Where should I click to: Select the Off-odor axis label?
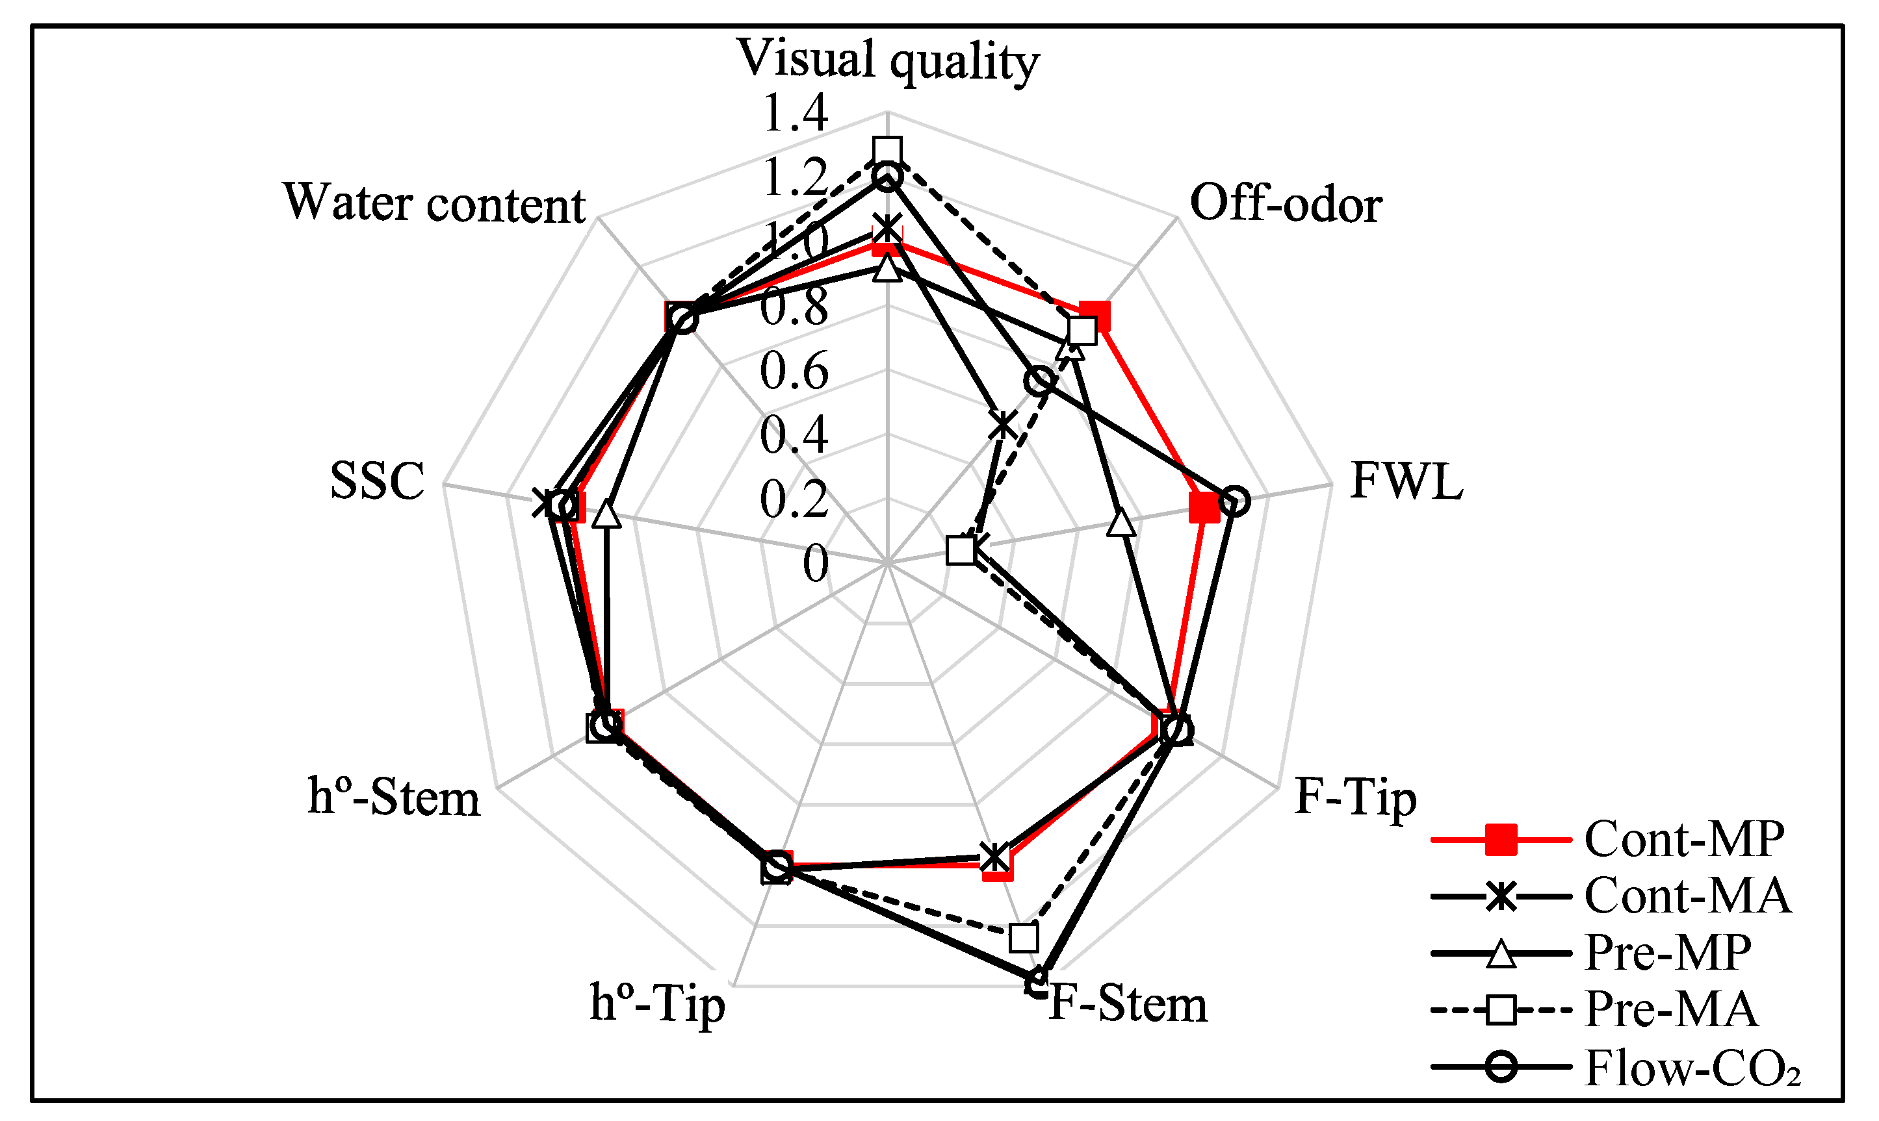1286,204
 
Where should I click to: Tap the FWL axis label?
1406,481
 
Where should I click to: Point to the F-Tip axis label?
1355,798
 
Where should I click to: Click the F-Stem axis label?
1128,1005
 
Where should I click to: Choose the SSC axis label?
377,481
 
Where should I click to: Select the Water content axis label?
434,204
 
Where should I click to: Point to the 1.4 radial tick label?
795,113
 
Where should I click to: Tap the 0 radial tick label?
815,564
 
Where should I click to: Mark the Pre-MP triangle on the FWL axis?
1122,523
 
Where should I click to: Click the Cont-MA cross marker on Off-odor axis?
1002,425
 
